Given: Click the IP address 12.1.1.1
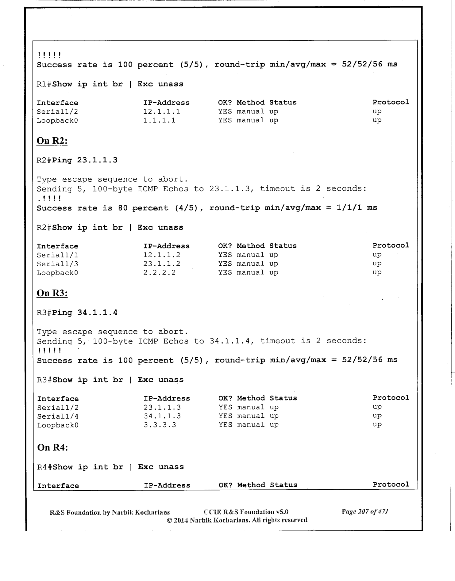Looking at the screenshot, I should coord(162,112).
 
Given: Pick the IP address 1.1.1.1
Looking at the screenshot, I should coord(159,120).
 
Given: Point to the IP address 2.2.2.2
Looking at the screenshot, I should coord(159,273).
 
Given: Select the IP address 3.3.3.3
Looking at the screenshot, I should coord(160,425).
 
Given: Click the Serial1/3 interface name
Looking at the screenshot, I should coord(57,264).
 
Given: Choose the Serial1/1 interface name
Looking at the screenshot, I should coord(57,255).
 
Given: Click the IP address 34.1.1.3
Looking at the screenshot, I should coord(162,416).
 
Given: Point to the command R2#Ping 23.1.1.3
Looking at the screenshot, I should coord(77,160).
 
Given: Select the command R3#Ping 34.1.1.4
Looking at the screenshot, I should coord(77,313).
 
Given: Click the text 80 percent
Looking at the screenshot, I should coord(143,208).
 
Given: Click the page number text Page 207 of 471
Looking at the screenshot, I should coord(365,511).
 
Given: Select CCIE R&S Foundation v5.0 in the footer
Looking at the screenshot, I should coord(246,512).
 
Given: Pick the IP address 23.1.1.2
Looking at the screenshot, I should coord(162,264).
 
